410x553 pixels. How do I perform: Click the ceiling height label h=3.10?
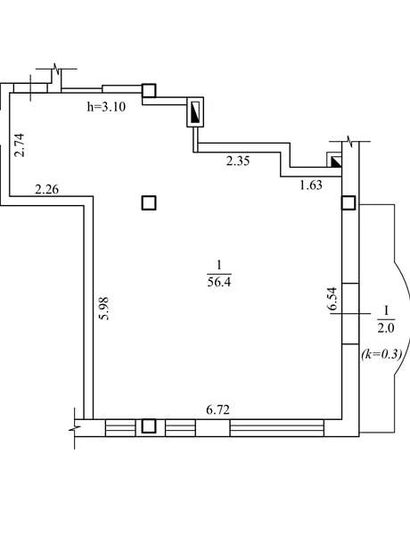pyautogui.click(x=106, y=106)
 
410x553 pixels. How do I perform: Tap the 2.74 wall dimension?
pyautogui.click(x=19, y=144)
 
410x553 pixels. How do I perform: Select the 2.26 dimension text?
pyautogui.click(x=47, y=189)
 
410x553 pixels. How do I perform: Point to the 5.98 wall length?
pyautogui.click(x=104, y=309)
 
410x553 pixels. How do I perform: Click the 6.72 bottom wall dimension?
pyautogui.click(x=217, y=409)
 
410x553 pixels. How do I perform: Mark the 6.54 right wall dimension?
pyautogui.click(x=332, y=299)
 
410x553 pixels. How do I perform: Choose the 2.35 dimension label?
pyautogui.click(x=238, y=161)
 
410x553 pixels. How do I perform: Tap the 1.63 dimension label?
pyautogui.click(x=311, y=186)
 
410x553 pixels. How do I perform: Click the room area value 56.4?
pyautogui.click(x=219, y=282)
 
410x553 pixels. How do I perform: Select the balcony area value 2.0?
pyautogui.click(x=386, y=327)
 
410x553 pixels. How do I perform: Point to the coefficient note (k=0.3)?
pyautogui.click(x=381, y=354)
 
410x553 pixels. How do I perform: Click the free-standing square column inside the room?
pyautogui.click(x=149, y=203)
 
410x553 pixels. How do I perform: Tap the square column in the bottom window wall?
pyautogui.click(x=149, y=425)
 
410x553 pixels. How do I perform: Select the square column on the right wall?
pyautogui.click(x=348, y=202)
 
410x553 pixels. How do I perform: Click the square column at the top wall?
pyautogui.click(x=149, y=90)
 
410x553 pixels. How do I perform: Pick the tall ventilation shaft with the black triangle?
pyautogui.click(x=195, y=111)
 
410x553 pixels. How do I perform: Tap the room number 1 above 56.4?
pyautogui.click(x=219, y=265)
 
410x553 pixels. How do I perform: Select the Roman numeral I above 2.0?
pyautogui.click(x=386, y=310)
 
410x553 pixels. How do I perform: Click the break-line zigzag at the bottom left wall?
pyautogui.click(x=75, y=428)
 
